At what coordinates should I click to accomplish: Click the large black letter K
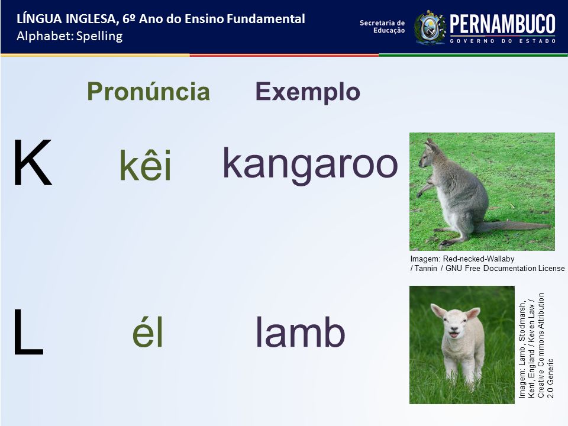(32, 162)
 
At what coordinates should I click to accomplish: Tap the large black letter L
(28, 331)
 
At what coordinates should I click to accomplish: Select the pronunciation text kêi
(146, 164)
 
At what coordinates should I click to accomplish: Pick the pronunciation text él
(147, 331)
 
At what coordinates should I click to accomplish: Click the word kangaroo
(310, 165)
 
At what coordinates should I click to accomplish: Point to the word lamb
(301, 331)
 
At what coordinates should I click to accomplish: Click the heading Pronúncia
(149, 91)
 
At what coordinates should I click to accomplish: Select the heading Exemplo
(308, 92)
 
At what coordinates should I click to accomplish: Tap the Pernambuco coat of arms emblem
(430, 28)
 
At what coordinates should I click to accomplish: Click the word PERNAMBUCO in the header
(502, 24)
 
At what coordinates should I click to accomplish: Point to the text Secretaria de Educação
(382, 27)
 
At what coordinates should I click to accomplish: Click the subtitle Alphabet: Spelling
(70, 36)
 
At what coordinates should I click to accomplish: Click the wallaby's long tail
(514, 227)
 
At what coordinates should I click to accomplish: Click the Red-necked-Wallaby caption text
(487, 263)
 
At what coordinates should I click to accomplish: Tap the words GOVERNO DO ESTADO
(502, 41)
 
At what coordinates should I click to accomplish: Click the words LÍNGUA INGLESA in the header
(66, 18)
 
